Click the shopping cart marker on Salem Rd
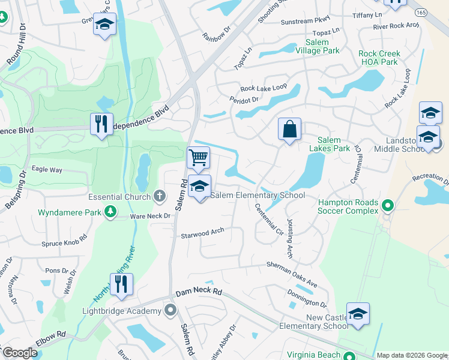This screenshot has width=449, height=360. coord(198,158)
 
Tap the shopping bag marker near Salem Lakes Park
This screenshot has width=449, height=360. coord(289,129)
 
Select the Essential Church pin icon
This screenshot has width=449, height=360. coord(160,196)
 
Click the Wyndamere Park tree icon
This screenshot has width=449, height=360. coord(110,211)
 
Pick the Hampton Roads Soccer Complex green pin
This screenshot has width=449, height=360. coord(388,206)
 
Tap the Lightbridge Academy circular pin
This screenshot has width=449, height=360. coord(170,310)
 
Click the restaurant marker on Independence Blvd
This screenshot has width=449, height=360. coord(101,124)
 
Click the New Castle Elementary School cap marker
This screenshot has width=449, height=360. coord(358,314)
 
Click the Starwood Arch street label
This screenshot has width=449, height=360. coord(202,233)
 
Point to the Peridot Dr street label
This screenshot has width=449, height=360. coord(244,100)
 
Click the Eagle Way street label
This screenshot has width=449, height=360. coord(47,170)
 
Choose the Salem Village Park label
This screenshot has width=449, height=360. coord(317,47)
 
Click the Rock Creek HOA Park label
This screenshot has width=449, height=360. coord(379,58)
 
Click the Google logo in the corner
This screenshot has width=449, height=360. coord(20,353)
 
